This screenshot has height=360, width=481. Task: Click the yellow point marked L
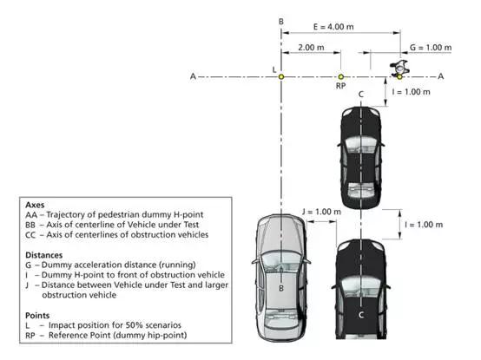tap(281, 76)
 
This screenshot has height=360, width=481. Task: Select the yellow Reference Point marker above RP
tap(340, 76)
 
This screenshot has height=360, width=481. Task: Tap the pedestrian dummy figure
tap(399, 69)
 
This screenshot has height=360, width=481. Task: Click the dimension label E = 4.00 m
tap(333, 27)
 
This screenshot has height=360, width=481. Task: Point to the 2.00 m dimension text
tap(311, 48)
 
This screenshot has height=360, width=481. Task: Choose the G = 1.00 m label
tap(431, 48)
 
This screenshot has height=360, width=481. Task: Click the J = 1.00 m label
tap(321, 212)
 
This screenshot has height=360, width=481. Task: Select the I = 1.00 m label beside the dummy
tap(411, 92)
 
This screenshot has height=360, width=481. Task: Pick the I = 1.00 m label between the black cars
tap(424, 225)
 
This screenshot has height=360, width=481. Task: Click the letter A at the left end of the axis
tap(193, 76)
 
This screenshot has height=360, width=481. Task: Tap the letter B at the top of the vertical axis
tap(281, 22)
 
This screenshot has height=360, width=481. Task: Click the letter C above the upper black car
tap(361, 95)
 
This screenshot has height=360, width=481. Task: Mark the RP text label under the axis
tap(340, 86)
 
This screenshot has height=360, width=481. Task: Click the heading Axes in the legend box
tap(35, 205)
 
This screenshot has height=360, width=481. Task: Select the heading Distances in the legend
tap(44, 255)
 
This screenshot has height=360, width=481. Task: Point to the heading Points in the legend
tap(37, 315)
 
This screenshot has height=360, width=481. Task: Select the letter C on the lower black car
tap(361, 315)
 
